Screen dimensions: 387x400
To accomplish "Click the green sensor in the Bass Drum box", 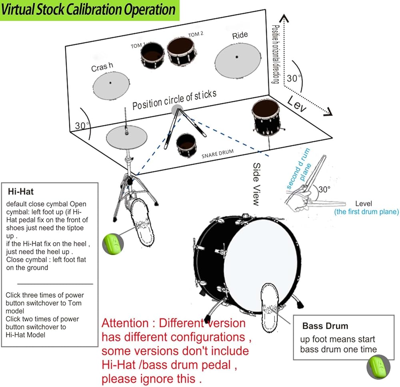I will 376,365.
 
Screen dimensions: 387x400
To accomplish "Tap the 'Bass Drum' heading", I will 325,326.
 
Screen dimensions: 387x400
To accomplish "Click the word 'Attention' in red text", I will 124,323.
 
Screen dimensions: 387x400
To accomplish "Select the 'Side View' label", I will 257,184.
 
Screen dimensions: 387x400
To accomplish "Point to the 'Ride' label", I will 240,36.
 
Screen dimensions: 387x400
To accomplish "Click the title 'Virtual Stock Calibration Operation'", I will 88,10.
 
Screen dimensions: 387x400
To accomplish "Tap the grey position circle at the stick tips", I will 176,109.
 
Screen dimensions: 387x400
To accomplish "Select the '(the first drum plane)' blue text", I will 366,212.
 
